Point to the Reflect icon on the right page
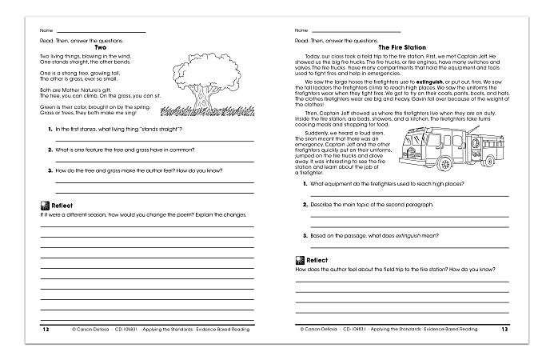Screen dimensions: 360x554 [300, 260]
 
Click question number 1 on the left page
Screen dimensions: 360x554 [50, 129]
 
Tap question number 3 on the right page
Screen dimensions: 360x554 [305, 235]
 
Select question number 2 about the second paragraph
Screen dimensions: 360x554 [305, 205]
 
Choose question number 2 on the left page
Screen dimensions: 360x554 [50, 150]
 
